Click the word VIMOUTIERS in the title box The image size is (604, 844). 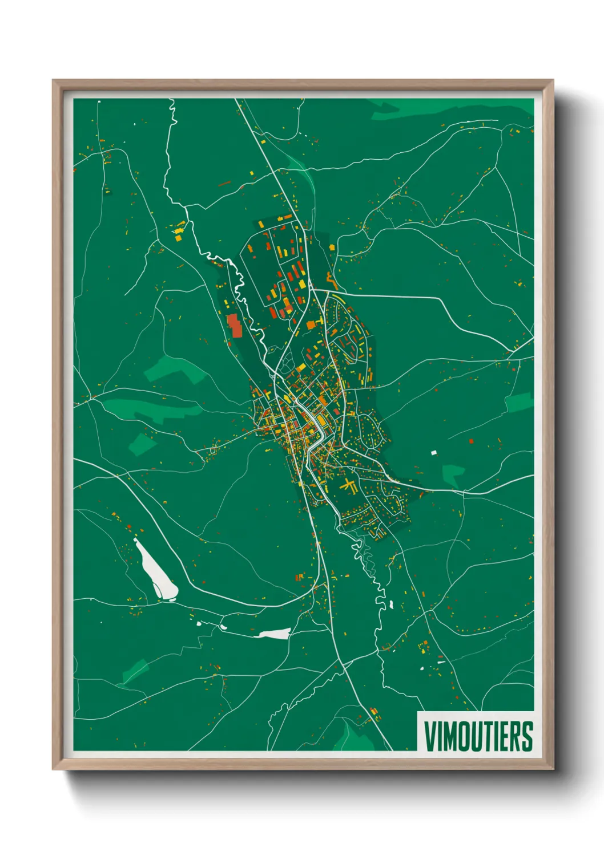[x=478, y=736]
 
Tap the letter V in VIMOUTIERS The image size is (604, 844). [x=429, y=736]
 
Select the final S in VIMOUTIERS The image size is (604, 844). [x=527, y=736]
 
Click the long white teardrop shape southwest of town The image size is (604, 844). [x=156, y=571]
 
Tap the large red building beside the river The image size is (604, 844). [x=234, y=326]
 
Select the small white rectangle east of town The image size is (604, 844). [x=434, y=453]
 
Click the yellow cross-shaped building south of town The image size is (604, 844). [x=348, y=485]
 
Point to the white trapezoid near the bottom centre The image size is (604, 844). [x=275, y=633]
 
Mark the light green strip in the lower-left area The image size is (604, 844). [x=135, y=670]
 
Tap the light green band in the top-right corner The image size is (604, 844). [x=451, y=108]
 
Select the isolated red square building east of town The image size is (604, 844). [x=471, y=441]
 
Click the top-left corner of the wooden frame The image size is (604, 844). [x=54, y=81]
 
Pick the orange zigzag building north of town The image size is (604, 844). [x=331, y=281]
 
